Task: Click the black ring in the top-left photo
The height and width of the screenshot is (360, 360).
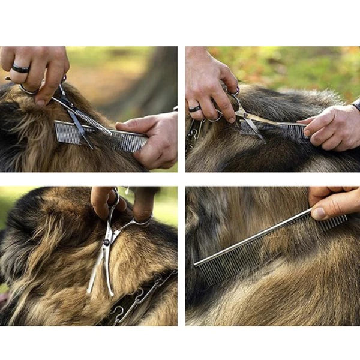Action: [20, 69]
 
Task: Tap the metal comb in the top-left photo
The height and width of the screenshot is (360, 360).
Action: [120, 139]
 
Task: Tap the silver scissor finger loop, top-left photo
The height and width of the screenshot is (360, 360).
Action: [29, 91]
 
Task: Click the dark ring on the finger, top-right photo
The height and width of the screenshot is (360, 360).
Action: [195, 109]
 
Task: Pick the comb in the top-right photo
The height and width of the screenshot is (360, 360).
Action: [288, 129]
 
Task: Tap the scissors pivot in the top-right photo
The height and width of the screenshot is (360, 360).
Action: [241, 114]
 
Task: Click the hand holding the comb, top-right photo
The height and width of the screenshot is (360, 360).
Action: [333, 129]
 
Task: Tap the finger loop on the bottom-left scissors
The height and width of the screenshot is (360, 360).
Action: [141, 222]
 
